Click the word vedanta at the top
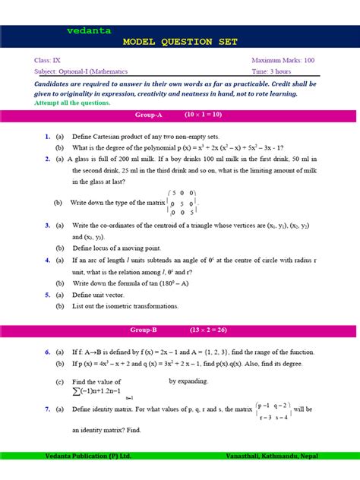[89, 31]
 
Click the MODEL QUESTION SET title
[179, 42]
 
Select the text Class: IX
[52, 59]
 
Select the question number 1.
[47, 136]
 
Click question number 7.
[47, 409]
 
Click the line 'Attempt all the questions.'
[72, 103]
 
